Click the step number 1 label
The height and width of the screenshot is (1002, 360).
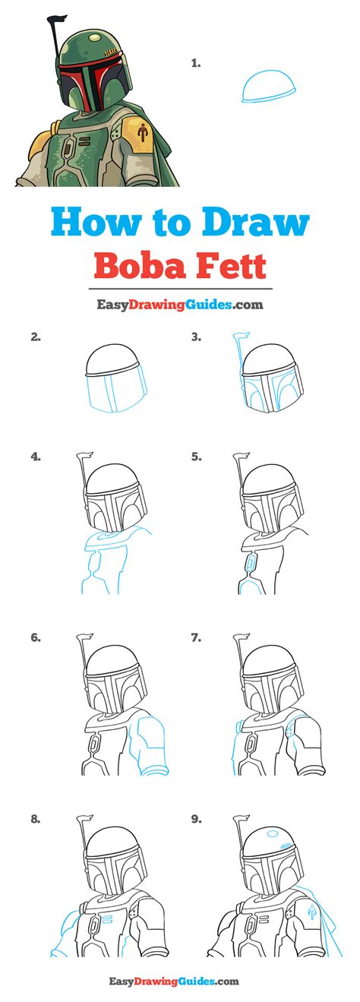[196, 64]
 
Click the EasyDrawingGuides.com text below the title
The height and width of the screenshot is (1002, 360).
[179, 305]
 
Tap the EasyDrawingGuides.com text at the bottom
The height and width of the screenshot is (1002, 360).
[179, 982]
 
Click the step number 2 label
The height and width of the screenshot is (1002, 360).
[36, 337]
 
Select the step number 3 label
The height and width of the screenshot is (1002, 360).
[196, 337]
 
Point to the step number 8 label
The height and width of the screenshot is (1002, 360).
[36, 819]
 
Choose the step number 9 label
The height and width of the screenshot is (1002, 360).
[196, 819]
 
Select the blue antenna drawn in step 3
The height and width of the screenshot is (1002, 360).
[238, 357]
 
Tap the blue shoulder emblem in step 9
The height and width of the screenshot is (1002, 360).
[311, 909]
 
